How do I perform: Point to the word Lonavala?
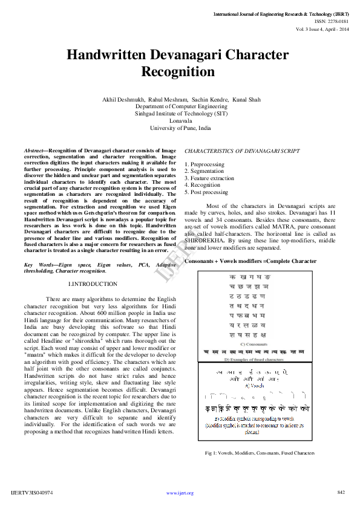pyautogui.click(x=180, y=120)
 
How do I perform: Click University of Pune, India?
pyautogui.click(x=180, y=128)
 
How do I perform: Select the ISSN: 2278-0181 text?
pyautogui.click(x=332, y=21)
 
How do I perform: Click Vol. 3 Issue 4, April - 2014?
pyautogui.click(x=322, y=28)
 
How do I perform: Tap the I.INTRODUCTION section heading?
pyautogui.click(x=93, y=284)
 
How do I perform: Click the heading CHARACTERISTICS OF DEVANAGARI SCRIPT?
pyautogui.click(x=233, y=150)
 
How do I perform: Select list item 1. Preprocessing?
pyautogui.click(x=204, y=164)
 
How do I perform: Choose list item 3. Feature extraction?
pyautogui.click(x=209, y=178)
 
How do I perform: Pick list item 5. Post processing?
pyautogui.click(x=206, y=192)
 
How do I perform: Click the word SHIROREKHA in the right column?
pyautogui.click(x=205, y=241)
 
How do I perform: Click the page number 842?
pyautogui.click(x=341, y=492)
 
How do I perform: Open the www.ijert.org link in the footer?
pyautogui.click(x=180, y=493)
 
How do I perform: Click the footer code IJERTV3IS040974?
pyautogui.click(x=32, y=493)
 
